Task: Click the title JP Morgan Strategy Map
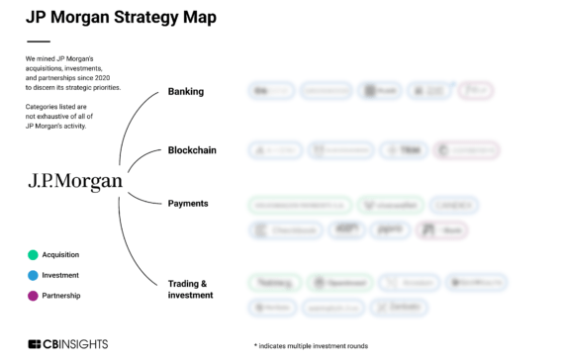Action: pyautogui.click(x=121, y=17)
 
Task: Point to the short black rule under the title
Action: pyautogui.click(x=38, y=42)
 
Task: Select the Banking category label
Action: pyautogui.click(x=186, y=92)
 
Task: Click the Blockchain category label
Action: pyautogui.click(x=192, y=150)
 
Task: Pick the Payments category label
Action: pyautogui.click(x=188, y=203)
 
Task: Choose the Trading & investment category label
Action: pyautogui.click(x=190, y=289)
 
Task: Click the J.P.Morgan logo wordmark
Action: pyautogui.click(x=75, y=181)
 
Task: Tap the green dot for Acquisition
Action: pyautogui.click(x=33, y=255)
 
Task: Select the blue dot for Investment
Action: pyautogui.click(x=33, y=275)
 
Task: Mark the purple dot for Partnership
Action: pyautogui.click(x=33, y=295)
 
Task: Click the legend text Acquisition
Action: pyautogui.click(x=60, y=255)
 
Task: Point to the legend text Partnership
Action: pyautogui.click(x=61, y=295)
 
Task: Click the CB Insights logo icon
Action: pyautogui.click(x=35, y=344)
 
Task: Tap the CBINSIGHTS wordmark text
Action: pyautogui.click(x=76, y=344)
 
